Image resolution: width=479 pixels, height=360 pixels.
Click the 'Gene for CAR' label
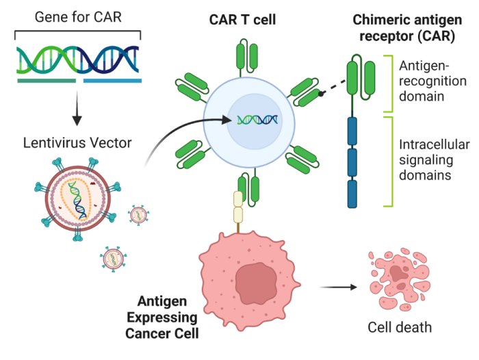(x=78, y=16)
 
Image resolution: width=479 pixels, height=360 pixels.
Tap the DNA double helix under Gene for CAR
(x=79, y=60)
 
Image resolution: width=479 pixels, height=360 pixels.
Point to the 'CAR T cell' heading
(x=242, y=19)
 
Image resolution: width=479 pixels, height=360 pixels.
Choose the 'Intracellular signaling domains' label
(x=434, y=160)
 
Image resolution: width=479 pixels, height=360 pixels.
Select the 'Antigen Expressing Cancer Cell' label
(x=168, y=318)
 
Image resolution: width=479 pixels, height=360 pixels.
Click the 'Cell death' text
(x=400, y=328)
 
